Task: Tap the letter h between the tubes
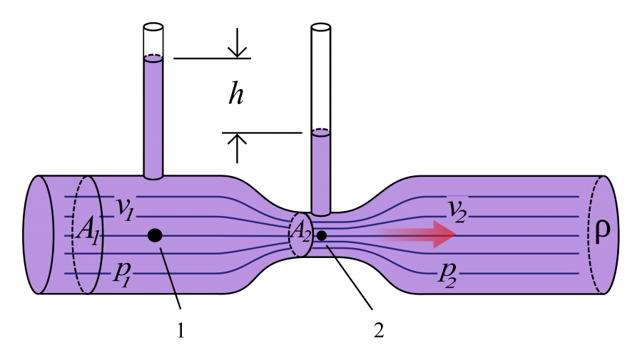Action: [x=236, y=95]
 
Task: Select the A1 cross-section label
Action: [x=88, y=230]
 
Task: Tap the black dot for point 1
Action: [x=154, y=235]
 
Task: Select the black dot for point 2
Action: [x=322, y=235]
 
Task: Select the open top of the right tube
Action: [x=321, y=28]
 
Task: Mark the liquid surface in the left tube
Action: [x=153, y=58]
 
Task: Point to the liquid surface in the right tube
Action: [x=321, y=132]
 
